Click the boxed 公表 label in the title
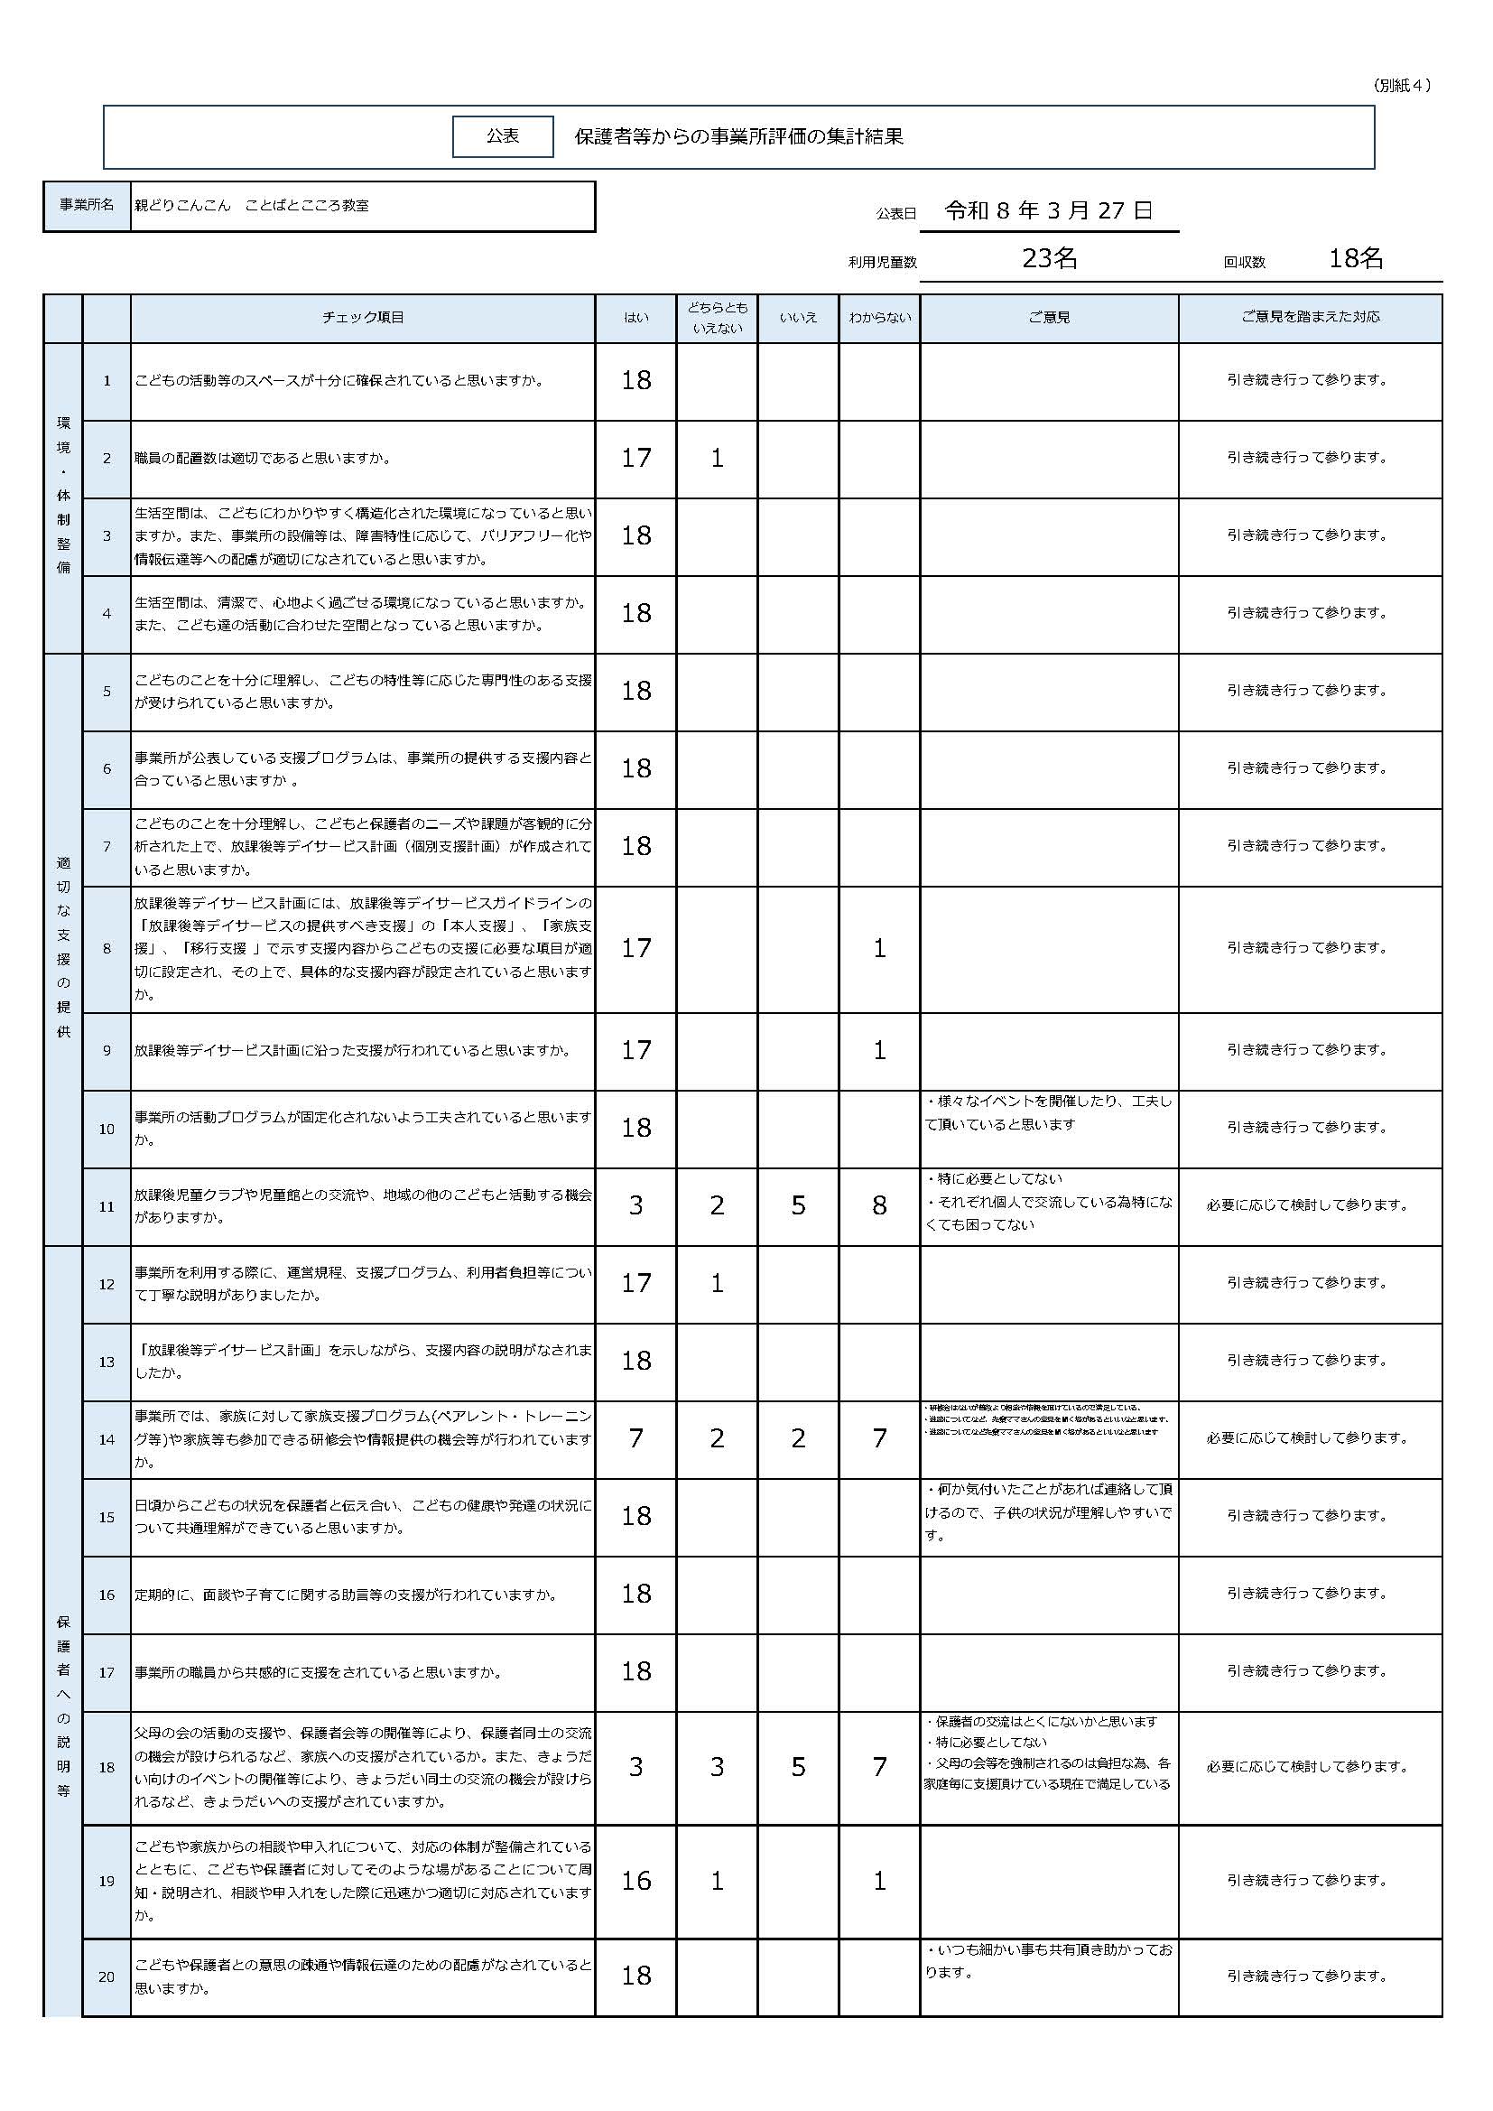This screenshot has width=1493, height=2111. coord(503,136)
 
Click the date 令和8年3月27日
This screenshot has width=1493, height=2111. coord(1048,210)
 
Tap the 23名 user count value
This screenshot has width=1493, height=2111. coord(1049,258)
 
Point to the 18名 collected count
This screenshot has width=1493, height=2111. coord(1355,258)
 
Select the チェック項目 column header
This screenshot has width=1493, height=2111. coord(362,318)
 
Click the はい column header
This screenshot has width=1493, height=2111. coord(635,318)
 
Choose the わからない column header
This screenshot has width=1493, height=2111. coord(879,318)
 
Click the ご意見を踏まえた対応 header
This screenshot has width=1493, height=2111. coord(1309,317)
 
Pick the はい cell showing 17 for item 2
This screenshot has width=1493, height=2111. coord(635,458)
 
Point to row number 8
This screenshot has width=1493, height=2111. coord(107,949)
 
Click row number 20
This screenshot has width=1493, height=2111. coord(107,1976)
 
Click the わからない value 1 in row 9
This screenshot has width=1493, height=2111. coord(879,1050)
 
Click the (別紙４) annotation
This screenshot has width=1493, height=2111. coord(1403,86)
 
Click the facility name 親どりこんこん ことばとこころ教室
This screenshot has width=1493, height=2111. coord(252,206)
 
